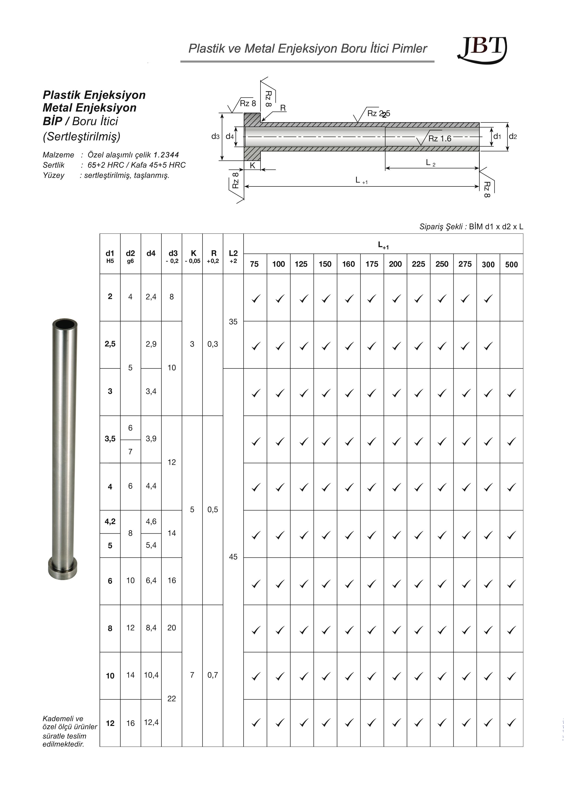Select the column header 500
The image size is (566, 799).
[x=511, y=264]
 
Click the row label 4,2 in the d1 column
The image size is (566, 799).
[x=110, y=521]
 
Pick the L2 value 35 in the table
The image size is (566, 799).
[x=233, y=322]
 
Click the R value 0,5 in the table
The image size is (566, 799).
[x=213, y=509]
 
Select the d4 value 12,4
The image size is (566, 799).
[x=151, y=722]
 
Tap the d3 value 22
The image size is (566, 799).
[x=172, y=699]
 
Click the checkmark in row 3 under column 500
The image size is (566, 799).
[x=511, y=393]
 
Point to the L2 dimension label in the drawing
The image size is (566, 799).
[x=430, y=163]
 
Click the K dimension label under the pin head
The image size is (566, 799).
[x=252, y=166]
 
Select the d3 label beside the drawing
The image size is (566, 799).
[x=215, y=136]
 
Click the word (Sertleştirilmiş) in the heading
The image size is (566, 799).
[x=82, y=136]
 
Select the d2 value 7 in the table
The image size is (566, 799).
[x=130, y=452]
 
